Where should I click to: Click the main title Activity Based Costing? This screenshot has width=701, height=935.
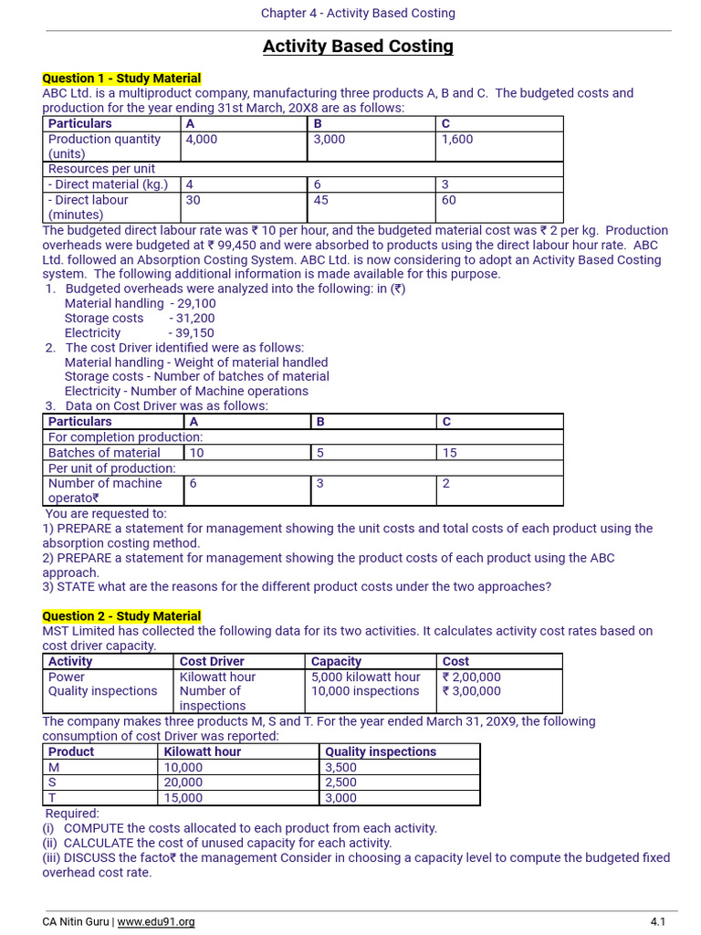point(358,47)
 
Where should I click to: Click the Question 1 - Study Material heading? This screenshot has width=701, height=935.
point(121,79)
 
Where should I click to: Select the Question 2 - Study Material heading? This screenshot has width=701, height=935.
point(121,616)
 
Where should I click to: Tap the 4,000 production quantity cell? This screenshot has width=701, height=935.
point(202,140)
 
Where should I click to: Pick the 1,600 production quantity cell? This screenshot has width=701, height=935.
point(457,140)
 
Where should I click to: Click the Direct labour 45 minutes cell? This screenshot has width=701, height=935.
point(321,200)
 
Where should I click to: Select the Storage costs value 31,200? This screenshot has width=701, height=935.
point(192,319)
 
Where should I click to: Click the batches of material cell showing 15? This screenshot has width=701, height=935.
point(449,453)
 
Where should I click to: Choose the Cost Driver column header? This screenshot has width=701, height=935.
point(212,661)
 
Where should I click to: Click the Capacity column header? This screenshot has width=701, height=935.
point(336,661)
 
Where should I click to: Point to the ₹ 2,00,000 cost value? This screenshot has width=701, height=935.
point(471,677)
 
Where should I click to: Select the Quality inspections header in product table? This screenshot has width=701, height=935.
point(381,751)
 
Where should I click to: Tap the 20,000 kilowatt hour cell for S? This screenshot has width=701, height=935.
point(183,783)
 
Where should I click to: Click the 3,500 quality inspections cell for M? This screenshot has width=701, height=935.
point(341,768)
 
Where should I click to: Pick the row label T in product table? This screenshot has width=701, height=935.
point(52,798)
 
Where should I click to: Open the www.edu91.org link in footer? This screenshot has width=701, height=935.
point(156,922)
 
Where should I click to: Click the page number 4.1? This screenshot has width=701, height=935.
point(657,922)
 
